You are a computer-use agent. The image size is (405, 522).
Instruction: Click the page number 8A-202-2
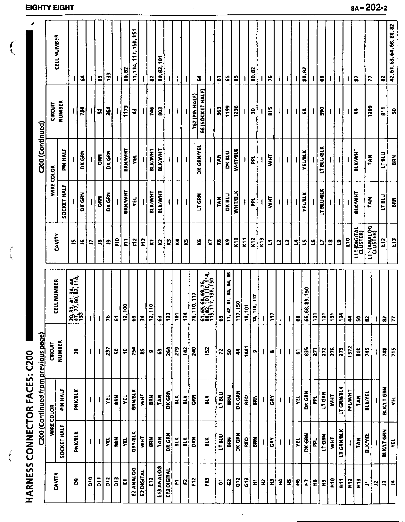369,8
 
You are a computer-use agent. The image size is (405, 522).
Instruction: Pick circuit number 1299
369,112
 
